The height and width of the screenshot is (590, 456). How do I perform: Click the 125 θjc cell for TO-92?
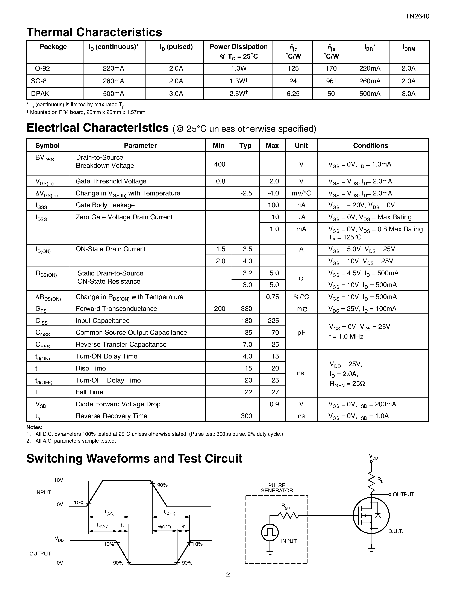click(x=293, y=69)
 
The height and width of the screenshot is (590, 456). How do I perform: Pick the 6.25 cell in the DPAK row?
click(x=293, y=94)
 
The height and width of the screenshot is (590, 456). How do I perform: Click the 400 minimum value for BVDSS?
click(x=219, y=164)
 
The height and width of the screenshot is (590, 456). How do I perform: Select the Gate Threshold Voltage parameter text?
click(x=111, y=181)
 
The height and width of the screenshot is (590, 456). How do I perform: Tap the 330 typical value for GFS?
click(x=246, y=309)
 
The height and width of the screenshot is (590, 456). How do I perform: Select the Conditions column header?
click(x=370, y=146)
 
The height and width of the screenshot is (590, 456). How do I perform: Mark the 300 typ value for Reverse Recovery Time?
click(x=246, y=416)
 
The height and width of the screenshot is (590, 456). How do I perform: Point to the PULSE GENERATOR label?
click(x=276, y=488)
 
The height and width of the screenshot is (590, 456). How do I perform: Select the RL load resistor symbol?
click(x=371, y=483)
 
